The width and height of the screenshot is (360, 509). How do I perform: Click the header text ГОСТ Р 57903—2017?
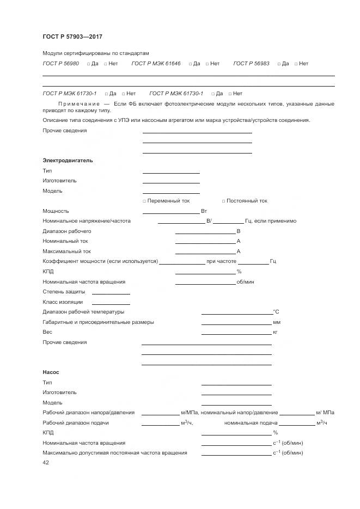tap(72, 36)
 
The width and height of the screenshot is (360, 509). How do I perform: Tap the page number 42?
tap(46, 462)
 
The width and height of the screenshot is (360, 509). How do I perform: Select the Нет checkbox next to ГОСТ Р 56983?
tap(296, 64)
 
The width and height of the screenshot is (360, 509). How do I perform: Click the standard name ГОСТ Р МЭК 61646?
tap(156, 64)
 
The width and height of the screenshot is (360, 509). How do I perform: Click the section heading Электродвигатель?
tap(68, 161)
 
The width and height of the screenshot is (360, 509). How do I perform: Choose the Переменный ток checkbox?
tap(144, 201)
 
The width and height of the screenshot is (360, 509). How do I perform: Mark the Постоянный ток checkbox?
tap(223, 201)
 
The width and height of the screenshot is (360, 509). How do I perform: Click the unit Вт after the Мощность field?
tap(204, 211)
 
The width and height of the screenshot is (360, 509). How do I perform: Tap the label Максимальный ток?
tap(66, 252)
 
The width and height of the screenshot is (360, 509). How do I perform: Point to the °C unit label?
tap(276, 312)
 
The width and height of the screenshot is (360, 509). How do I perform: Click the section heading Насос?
tap(51, 372)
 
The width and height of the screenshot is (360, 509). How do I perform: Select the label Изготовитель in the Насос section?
tap(59, 393)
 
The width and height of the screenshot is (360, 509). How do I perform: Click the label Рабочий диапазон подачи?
tap(75, 423)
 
